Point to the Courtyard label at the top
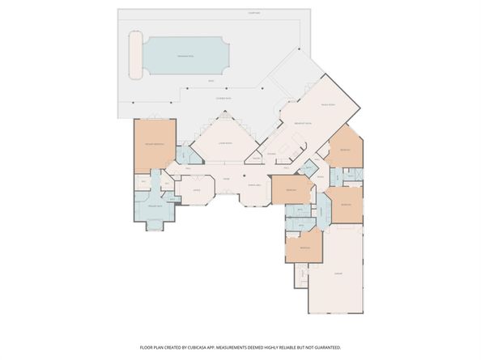click(x=254, y=14)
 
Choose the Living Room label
click(x=225, y=143)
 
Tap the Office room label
click(x=196, y=190)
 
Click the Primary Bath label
click(x=154, y=206)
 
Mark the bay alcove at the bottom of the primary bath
click(x=154, y=224)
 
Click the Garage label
click(x=337, y=273)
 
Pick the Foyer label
click(x=228, y=179)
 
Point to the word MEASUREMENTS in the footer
click(x=246, y=346)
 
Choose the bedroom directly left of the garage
click(x=304, y=247)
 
